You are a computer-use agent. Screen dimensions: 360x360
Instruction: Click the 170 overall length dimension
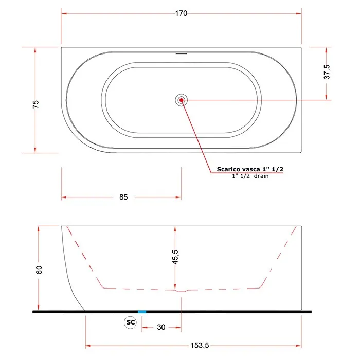pyautogui.click(x=181, y=13)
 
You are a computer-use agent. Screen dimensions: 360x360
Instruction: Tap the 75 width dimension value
pyautogui.click(x=35, y=104)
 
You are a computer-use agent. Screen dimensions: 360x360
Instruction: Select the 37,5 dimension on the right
pyautogui.click(x=327, y=72)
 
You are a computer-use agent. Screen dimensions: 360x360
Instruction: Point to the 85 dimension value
pyautogui.click(x=123, y=197)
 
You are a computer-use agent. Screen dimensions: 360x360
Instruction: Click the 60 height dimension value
pyautogui.click(x=39, y=270)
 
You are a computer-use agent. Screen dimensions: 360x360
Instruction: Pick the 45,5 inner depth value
pyautogui.click(x=175, y=257)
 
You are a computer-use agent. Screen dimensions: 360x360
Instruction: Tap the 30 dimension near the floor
pyautogui.click(x=161, y=327)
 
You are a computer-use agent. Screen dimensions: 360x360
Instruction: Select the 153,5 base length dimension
pyautogui.click(x=200, y=345)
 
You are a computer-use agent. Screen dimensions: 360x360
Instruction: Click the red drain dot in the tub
pyautogui.click(x=182, y=100)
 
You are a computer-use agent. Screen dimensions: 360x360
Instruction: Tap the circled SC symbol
pyautogui.click(x=131, y=322)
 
